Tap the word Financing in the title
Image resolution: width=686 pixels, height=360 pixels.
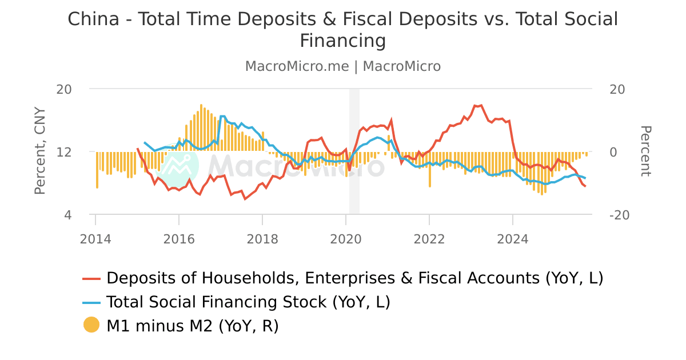343,41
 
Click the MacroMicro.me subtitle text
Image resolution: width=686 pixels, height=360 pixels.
297,66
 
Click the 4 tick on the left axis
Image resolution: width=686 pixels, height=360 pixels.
67,215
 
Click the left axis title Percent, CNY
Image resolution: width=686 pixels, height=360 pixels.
40,151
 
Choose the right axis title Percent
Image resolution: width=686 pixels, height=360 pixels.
645,151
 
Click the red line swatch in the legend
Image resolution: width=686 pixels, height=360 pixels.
91,278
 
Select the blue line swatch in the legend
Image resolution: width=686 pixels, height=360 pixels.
91,302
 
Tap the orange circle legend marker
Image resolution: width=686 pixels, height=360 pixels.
91,326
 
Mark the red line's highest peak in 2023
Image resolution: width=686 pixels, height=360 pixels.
481,105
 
